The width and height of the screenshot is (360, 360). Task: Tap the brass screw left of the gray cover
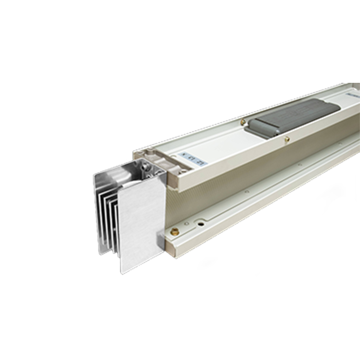coord(243,121)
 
